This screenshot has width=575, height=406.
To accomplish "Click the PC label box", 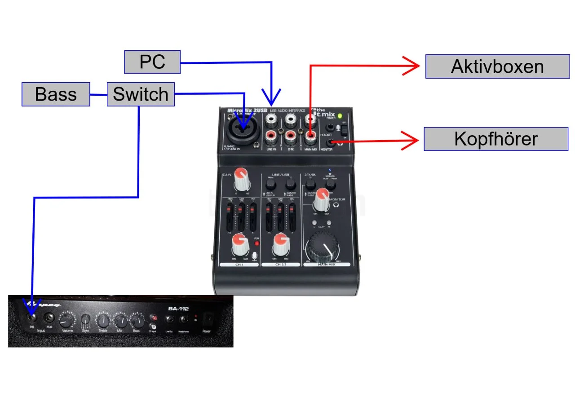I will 152,62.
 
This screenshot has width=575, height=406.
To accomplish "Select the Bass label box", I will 56,94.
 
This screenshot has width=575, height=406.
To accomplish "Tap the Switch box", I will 141,94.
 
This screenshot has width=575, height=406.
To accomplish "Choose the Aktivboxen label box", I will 497,66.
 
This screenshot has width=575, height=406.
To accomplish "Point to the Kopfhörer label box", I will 496,139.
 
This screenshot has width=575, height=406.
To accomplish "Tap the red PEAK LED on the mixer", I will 257,243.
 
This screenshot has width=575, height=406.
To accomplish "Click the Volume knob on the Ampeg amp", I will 66,321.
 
